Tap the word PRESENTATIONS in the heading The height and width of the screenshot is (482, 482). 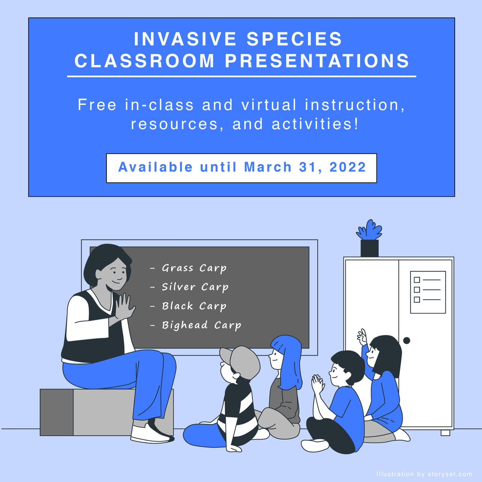[317, 61]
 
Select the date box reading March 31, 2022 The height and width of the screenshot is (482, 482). [241, 167]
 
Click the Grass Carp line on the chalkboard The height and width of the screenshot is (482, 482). [194, 268]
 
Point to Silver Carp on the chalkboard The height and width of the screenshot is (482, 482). [195, 287]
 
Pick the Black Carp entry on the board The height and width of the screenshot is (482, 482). [194, 306]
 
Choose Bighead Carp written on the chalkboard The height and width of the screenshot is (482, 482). [201, 325]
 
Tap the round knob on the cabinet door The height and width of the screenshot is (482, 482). [406, 341]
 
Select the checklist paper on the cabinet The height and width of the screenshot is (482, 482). [428, 292]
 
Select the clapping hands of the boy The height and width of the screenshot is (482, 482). [318, 384]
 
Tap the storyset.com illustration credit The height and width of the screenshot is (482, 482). [424, 474]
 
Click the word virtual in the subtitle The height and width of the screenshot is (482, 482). [269, 105]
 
